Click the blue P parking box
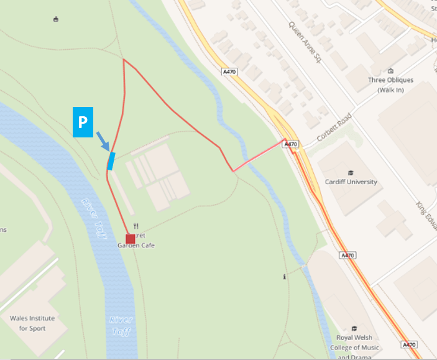[82, 122]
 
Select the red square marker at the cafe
[130, 239]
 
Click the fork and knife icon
[136, 226]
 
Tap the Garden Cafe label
[136, 245]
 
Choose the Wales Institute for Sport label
[32, 323]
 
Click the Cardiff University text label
[351, 182]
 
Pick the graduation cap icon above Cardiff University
[351, 172]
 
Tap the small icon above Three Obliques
[390, 71]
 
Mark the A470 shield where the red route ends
[290, 144]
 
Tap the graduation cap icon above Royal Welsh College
[354, 328]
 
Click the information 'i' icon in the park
[284, 277]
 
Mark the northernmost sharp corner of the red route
[124, 60]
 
